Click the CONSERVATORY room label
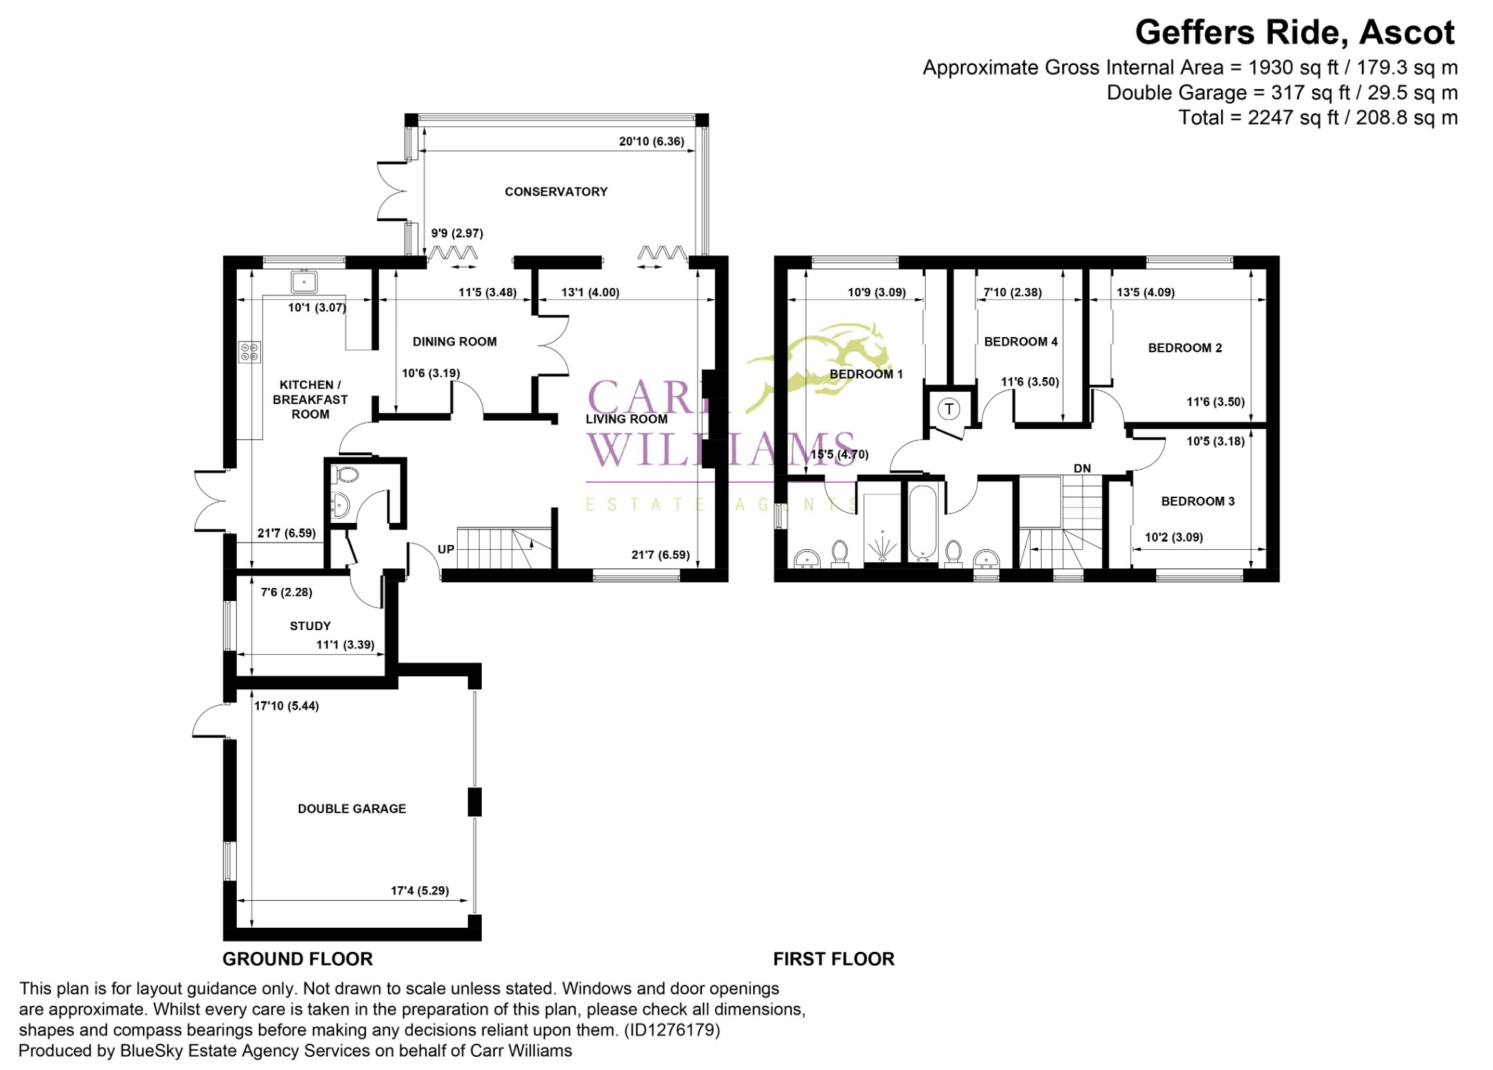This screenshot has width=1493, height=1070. (x=556, y=192)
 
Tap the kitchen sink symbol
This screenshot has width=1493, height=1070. (x=304, y=281)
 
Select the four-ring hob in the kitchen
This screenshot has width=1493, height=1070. (x=249, y=352)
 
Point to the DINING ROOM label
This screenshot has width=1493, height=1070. (x=454, y=341)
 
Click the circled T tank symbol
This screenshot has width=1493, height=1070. (x=948, y=409)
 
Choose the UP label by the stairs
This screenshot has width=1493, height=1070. (x=445, y=549)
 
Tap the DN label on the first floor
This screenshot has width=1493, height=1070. (x=1082, y=468)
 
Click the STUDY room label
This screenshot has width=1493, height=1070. (x=310, y=626)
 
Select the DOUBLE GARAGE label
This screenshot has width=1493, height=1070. (x=351, y=809)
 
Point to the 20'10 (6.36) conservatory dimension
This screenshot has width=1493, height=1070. (x=651, y=141)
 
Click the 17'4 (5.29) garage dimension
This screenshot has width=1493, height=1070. (x=419, y=891)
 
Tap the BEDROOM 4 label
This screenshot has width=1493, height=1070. (x=1021, y=341)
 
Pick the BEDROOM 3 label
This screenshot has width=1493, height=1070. (x=1198, y=501)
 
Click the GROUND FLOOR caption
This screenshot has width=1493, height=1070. (x=297, y=959)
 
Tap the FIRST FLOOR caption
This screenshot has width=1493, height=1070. (x=833, y=959)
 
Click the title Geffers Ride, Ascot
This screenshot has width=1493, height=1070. (x=1295, y=33)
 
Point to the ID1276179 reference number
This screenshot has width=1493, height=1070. (x=669, y=1030)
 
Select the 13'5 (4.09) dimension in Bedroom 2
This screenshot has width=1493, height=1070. (x=1145, y=292)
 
